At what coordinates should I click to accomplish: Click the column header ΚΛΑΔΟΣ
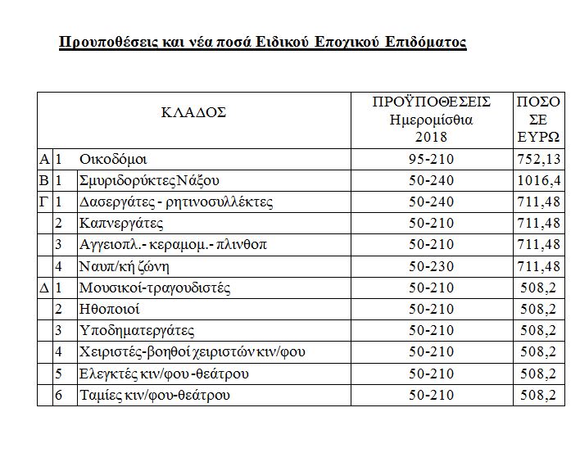(x=193, y=113)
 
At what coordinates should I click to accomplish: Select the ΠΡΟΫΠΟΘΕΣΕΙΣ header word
(x=431, y=102)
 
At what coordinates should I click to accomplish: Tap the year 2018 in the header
(x=431, y=136)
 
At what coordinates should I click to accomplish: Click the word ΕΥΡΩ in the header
(x=539, y=136)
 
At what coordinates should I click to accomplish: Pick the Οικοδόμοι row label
(x=113, y=159)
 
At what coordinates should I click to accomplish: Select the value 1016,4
(x=540, y=180)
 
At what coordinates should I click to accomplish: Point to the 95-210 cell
(x=431, y=159)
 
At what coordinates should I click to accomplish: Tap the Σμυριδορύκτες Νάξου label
(x=150, y=180)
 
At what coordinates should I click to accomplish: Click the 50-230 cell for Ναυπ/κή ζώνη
(x=431, y=266)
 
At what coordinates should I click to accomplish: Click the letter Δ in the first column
(x=44, y=288)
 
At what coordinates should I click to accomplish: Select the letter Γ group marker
(x=44, y=202)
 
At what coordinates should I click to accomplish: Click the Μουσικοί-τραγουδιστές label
(x=155, y=288)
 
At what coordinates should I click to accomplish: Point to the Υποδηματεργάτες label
(x=137, y=331)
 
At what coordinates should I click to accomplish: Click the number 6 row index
(x=59, y=396)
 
